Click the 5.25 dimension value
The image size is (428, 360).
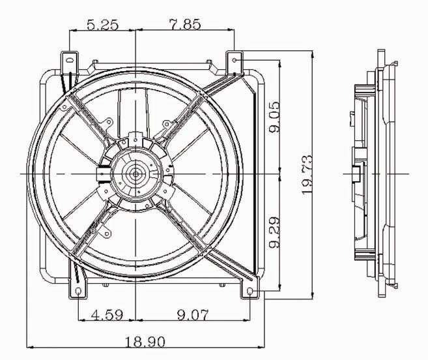coord(103,25)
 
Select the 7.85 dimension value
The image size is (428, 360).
coord(185,24)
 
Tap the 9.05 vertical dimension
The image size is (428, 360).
coord(274,117)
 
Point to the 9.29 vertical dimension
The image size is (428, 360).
coord(274,233)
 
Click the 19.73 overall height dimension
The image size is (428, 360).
coord(307,174)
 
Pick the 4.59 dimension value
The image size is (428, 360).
coord(107,315)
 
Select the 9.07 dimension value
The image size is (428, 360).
coord(193,315)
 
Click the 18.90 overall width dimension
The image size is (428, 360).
coord(145,341)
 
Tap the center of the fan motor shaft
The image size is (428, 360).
coord(136,174)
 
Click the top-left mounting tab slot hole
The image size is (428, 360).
coord(70,60)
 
